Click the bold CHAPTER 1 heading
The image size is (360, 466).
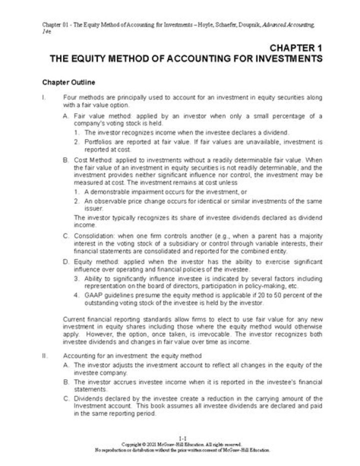click(295, 48)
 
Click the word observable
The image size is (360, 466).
click(111, 201)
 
